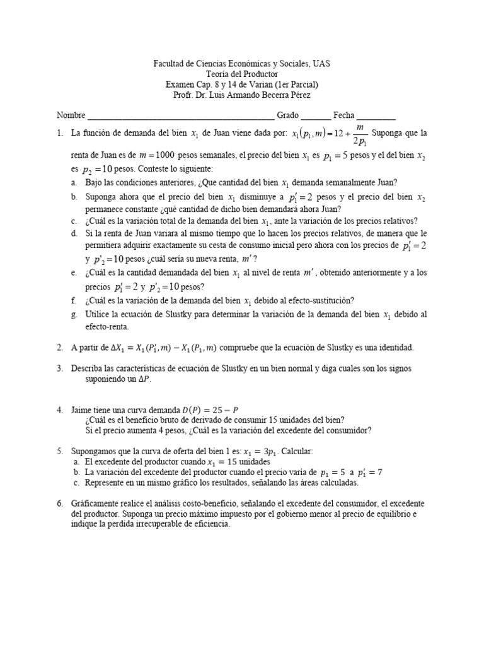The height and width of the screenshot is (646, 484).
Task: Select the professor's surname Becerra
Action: pyautogui.click(x=265, y=95)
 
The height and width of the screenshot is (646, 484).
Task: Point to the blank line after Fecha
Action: pyautogui.click(x=376, y=117)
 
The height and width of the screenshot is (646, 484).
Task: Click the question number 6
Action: pyautogui.click(x=59, y=503)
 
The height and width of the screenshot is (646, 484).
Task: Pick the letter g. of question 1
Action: pyautogui.click(x=74, y=314)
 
